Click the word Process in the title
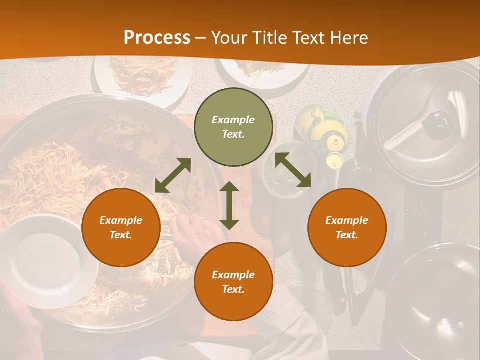click(157, 38)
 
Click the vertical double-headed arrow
click(229, 205)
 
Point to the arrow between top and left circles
click(173, 175)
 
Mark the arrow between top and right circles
click(293, 170)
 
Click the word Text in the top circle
click(233, 134)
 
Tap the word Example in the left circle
click(121, 220)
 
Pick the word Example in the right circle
click(347, 220)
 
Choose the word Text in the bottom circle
click(233, 289)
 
